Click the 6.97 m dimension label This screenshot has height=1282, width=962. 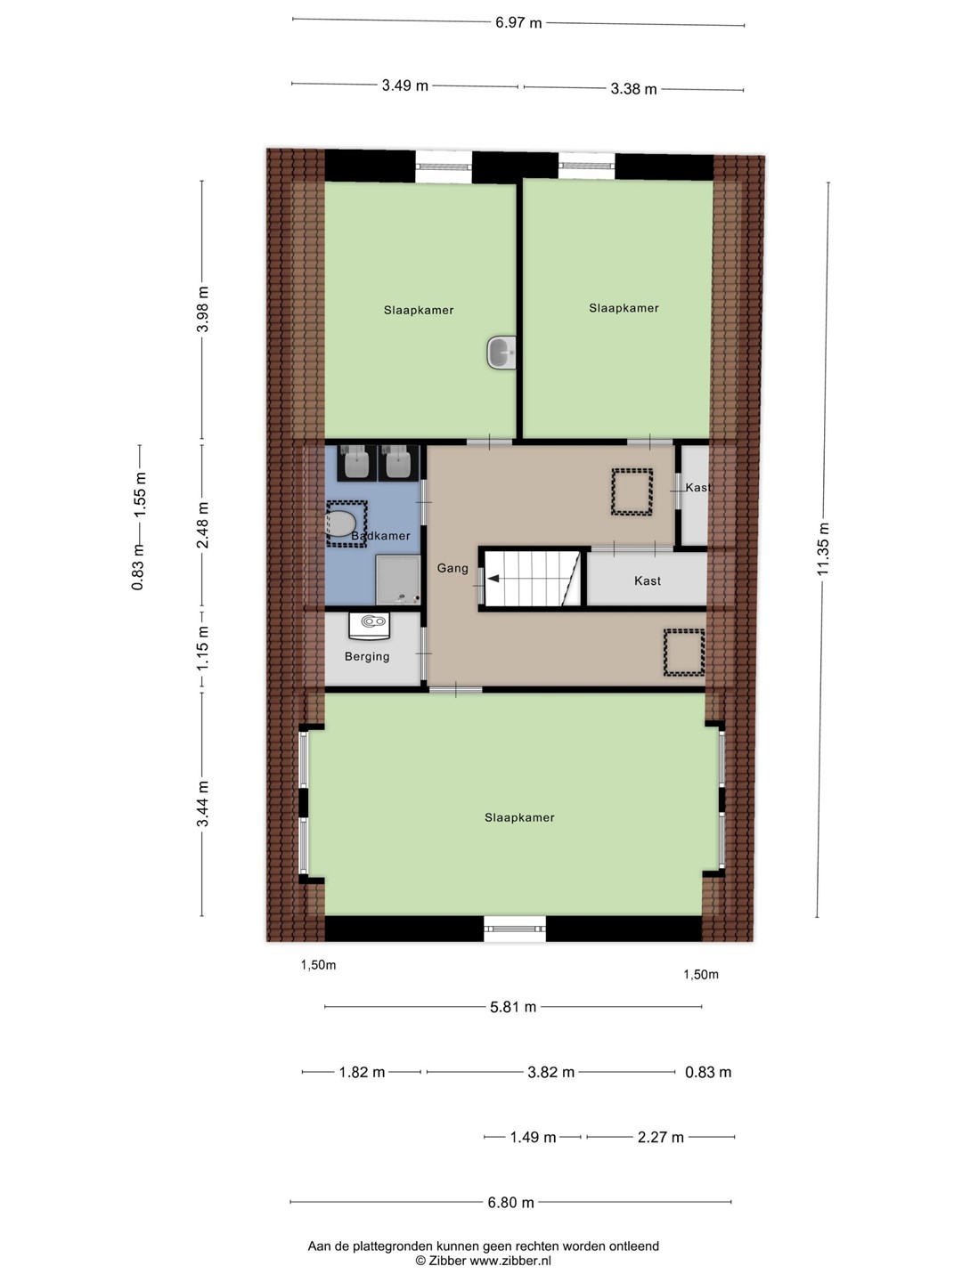[518, 23]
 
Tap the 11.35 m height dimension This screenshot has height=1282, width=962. [823, 548]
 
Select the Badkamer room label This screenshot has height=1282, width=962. [380, 536]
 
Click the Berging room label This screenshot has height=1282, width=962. [367, 656]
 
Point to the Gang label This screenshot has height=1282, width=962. [452, 568]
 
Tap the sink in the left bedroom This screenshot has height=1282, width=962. [501, 353]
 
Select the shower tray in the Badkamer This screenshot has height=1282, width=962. [398, 580]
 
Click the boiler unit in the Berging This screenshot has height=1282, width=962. [369, 625]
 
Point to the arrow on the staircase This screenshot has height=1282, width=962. [493, 579]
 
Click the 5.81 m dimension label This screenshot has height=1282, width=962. [513, 1007]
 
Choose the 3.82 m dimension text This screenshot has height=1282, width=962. [550, 1072]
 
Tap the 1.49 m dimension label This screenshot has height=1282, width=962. [533, 1137]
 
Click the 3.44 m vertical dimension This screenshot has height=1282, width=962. [203, 804]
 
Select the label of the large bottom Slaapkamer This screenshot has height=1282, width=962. [519, 817]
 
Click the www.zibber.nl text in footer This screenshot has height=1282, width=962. [510, 1261]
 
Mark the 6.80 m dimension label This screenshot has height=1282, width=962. [510, 1203]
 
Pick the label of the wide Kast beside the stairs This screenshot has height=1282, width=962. [648, 580]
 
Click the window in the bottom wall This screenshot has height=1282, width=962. [515, 929]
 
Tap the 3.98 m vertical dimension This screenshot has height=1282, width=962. [203, 309]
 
